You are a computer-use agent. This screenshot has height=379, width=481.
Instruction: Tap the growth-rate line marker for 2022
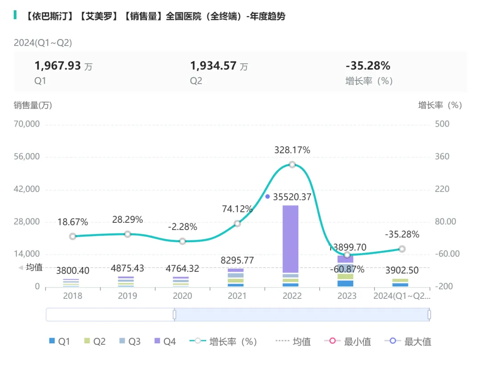pos(292,164)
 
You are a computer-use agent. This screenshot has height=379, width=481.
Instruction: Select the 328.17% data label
pos(292,151)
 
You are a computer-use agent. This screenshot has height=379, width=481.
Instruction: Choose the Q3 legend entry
pos(129,342)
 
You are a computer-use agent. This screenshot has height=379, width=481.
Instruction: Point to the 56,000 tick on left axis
pos(28,157)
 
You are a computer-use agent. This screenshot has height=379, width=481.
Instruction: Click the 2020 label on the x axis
pos(182,296)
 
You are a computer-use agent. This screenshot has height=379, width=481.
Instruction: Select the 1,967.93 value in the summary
pos(58,66)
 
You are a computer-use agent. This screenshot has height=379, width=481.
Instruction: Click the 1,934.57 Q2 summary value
pos(213,66)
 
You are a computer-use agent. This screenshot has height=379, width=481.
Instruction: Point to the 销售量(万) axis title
pos(33,105)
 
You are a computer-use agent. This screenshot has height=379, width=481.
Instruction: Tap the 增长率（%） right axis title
pos(440,105)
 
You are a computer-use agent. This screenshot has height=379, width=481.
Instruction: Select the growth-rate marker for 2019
pos(127,234)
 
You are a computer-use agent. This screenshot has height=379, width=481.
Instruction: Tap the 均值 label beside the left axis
pos(34,267)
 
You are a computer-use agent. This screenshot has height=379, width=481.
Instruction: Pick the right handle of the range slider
pos(429,314)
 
